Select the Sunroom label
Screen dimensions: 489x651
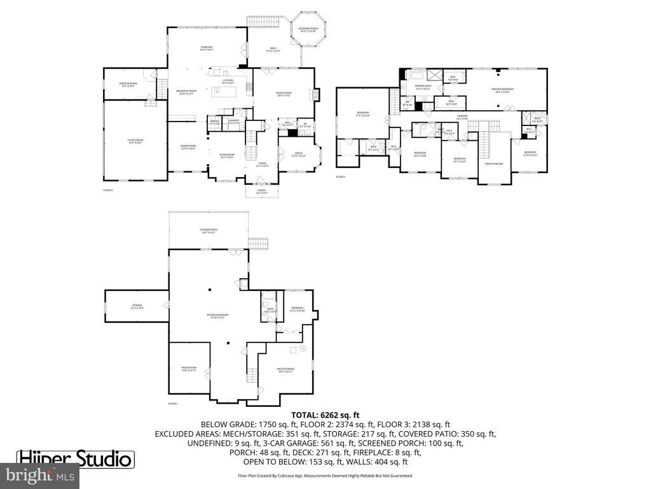207,48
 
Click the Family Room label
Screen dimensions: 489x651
283,94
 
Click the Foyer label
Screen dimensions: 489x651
262,165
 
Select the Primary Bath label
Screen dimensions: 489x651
423,88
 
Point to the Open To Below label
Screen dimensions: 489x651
494,164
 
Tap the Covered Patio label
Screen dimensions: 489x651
207,231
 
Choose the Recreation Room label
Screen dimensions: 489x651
214,316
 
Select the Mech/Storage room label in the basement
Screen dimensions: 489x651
284,370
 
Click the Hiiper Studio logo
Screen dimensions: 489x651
74,458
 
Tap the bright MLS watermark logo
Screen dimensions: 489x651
40,474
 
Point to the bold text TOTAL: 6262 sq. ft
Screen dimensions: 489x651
325,413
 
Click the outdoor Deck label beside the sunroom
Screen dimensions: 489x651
273,50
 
